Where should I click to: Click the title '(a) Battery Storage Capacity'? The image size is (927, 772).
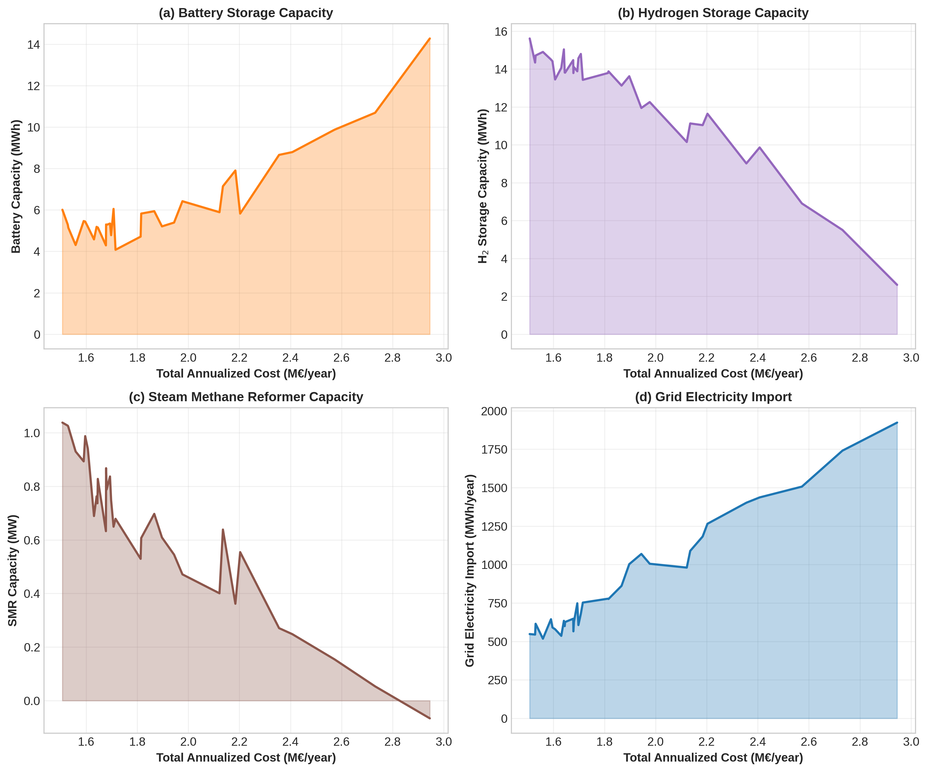[x=246, y=13]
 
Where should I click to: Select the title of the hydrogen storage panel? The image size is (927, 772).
[x=713, y=13]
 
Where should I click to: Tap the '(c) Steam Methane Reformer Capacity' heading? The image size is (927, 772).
[x=246, y=397]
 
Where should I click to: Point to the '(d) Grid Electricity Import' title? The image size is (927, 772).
[x=713, y=397]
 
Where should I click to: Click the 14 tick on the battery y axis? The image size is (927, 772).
[x=34, y=45]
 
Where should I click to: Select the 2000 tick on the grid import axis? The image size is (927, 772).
[x=494, y=411]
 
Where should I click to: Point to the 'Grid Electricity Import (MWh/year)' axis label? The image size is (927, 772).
[x=470, y=570]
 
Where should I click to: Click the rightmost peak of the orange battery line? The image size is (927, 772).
[x=429, y=39]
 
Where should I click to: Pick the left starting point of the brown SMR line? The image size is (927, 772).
[x=63, y=422]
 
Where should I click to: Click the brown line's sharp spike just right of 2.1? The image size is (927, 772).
[x=223, y=530]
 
